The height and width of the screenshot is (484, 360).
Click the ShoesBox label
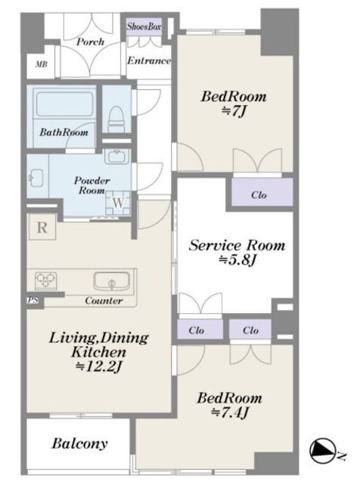click(144, 26)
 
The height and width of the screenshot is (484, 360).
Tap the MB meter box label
click(41, 64)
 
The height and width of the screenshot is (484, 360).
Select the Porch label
click(90, 42)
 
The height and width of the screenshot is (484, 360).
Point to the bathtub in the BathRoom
click(64, 104)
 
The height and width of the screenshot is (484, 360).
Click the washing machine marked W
click(118, 203)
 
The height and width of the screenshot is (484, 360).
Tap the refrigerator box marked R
click(42, 227)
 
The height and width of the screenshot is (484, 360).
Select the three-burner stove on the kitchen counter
click(45, 280)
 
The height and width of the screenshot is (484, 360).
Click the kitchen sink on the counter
click(111, 281)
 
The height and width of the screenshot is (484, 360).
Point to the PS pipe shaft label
click(32, 299)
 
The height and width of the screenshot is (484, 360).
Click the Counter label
click(104, 300)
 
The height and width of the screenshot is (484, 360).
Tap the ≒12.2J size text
click(99, 366)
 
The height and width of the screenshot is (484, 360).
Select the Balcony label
click(79, 443)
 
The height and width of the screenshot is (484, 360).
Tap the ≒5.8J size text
click(237, 260)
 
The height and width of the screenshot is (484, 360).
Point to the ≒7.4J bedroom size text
click(230, 412)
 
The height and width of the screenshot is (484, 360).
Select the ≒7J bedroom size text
click(234, 111)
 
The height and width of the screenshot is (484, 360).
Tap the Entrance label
click(149, 60)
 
